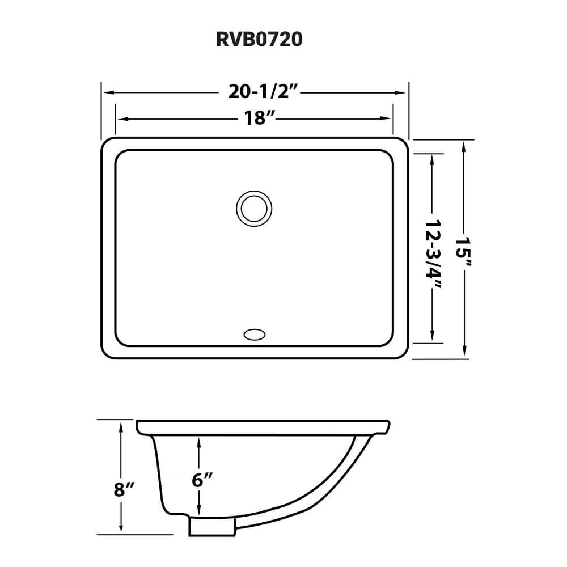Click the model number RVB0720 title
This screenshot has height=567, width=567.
pyautogui.click(x=259, y=41)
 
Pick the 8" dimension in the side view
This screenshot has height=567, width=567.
pyautogui.click(x=122, y=489)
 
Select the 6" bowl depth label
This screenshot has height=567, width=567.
pyautogui.click(x=202, y=480)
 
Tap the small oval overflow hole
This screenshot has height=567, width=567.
pyautogui.click(x=254, y=335)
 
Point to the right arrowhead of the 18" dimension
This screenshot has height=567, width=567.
pyautogui.click(x=388, y=118)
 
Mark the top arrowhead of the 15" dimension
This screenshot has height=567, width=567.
pyautogui.click(x=464, y=146)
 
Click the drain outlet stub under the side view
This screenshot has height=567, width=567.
pyautogui.click(x=211, y=527)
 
